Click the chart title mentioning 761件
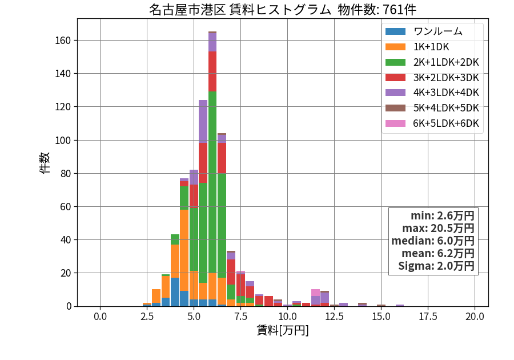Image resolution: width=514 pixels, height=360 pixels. [283, 10]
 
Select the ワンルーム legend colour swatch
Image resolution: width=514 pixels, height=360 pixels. [395, 31]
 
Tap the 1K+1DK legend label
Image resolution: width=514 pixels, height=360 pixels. [431, 47]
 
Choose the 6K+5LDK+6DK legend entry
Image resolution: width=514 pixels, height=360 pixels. [432, 123]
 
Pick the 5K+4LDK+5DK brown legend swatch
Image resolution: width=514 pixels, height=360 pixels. [395, 108]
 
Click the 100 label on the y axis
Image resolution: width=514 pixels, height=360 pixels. [63, 141]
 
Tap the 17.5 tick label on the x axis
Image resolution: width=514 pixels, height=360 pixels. [428, 317]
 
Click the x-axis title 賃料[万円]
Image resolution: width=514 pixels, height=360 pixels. [283, 330]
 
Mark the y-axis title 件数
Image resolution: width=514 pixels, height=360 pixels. [45, 163]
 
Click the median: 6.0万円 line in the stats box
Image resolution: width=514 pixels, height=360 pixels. [433, 241]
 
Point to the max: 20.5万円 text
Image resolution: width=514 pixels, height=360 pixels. [438, 228]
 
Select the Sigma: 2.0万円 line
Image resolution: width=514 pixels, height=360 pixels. [436, 266]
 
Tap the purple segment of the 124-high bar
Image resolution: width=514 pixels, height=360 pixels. [203, 121]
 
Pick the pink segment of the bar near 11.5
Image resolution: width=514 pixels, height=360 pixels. [315, 293]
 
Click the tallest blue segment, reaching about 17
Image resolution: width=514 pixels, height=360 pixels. [175, 292]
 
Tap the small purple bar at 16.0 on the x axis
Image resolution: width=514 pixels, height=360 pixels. [400, 305]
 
